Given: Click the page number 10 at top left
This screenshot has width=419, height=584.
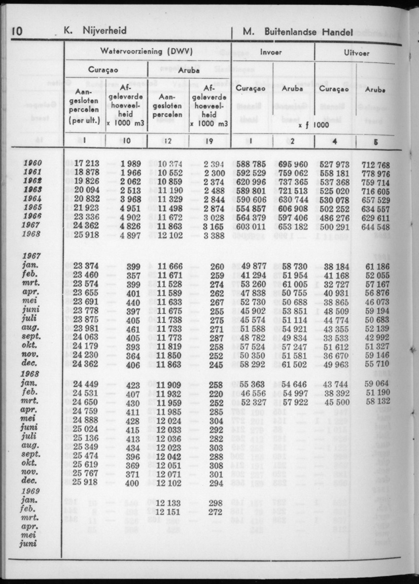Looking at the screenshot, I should click(16, 32).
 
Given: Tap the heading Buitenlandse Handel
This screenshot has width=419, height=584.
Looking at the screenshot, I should click(309, 32).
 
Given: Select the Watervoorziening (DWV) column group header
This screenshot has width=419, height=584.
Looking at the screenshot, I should click(146, 51).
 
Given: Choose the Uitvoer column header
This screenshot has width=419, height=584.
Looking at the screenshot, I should click(357, 51).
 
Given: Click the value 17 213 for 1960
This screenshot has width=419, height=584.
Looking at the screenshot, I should click(86, 164).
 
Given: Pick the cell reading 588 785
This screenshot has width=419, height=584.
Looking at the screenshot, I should click(252, 164).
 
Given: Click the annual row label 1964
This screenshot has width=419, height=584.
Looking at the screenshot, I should click(32, 199).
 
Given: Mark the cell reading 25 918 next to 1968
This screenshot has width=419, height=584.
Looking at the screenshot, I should click(86, 235).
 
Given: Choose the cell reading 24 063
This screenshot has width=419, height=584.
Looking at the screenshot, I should click(86, 338).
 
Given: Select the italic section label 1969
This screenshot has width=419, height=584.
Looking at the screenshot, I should click(31, 491).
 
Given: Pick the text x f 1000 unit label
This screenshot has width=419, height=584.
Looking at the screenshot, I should click(314, 125).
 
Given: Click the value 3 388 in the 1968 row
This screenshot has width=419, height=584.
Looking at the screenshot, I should click(213, 235).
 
